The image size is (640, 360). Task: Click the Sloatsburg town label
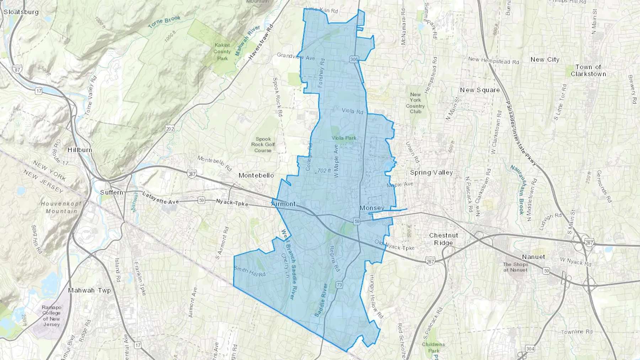21,12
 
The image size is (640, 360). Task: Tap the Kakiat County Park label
222,52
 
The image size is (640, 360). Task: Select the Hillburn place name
80,150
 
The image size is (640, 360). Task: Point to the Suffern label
112,192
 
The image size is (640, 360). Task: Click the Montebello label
256,176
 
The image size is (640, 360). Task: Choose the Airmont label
283,204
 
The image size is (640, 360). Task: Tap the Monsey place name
372,208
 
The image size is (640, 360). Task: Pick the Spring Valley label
431,173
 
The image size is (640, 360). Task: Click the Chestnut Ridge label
443,239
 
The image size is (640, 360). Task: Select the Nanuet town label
533,257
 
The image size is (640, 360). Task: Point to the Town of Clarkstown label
588,70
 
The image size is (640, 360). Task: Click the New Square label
480,90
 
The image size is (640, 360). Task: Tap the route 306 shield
353,59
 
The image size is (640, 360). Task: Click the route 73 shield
339,285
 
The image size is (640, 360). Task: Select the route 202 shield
170,129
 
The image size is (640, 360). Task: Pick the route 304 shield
530,349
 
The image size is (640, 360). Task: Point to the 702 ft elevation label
324,171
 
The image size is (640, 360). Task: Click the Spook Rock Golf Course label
263,145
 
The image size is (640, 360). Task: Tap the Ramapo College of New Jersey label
52,316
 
